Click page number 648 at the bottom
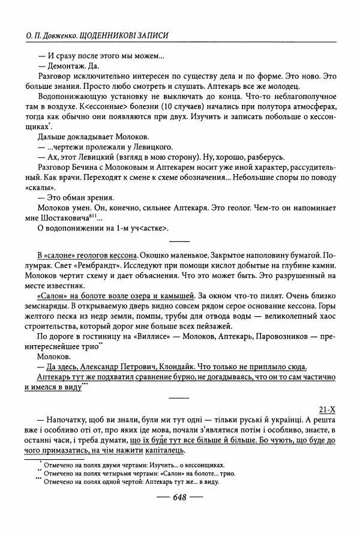coord(181,497)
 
